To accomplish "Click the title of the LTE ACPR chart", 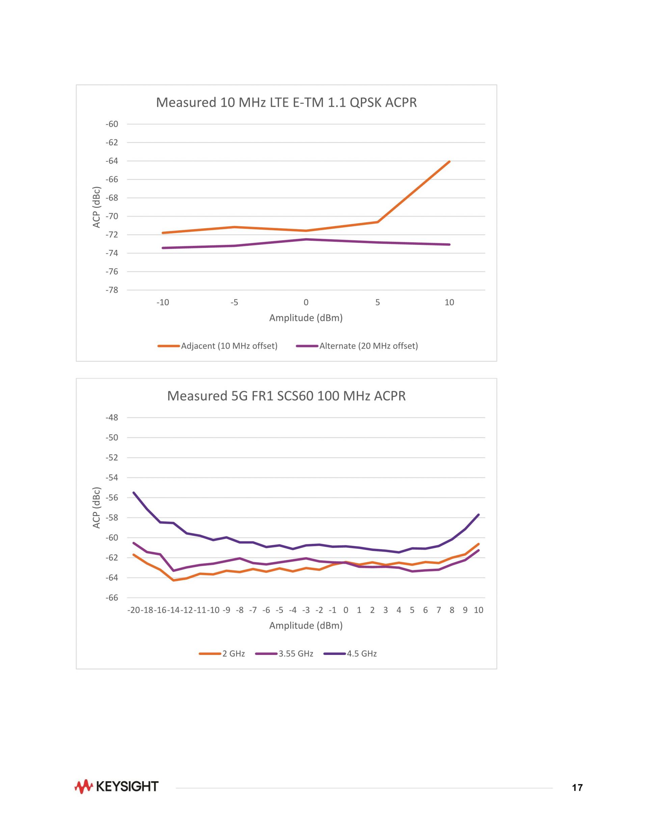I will click(286, 103).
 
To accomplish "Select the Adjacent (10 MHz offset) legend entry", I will click(229, 346).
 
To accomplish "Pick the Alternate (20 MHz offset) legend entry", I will click(368, 346).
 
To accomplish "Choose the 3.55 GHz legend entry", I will click(295, 654).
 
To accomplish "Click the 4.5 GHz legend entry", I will click(361, 654).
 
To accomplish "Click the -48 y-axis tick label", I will click(112, 417).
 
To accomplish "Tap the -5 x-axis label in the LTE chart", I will click(234, 302).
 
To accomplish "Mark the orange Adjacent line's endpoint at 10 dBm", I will click(449, 162).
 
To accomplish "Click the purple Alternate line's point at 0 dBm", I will click(306, 239).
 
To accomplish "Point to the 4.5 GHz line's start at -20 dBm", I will click(134, 492).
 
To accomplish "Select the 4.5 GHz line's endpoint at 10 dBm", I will click(478, 515).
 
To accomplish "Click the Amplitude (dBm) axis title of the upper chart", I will click(305, 318).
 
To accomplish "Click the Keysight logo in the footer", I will click(116, 786).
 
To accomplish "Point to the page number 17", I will click(577, 788).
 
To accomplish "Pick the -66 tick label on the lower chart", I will click(112, 598).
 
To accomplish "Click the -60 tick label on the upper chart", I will click(112, 124).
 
